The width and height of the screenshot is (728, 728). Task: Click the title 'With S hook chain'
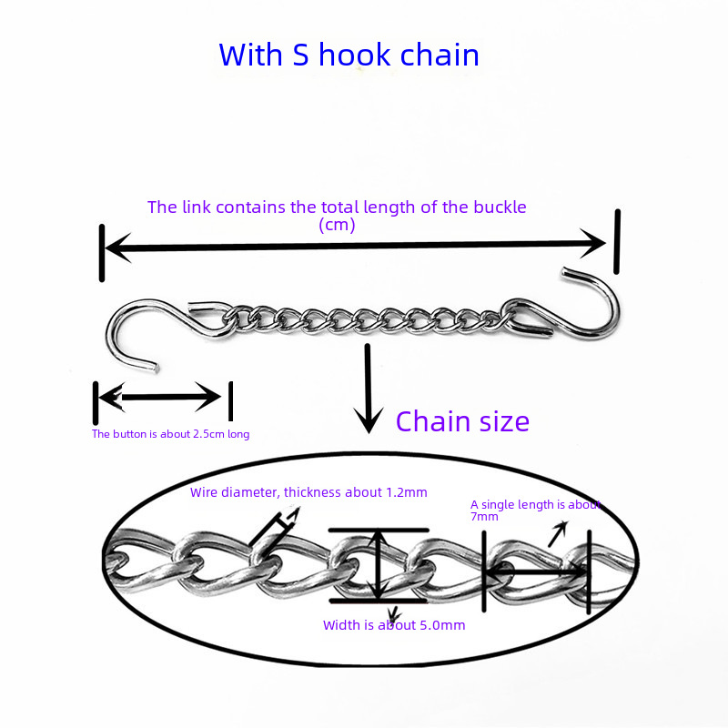point(349,55)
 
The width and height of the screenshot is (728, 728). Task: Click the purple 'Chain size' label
point(462,421)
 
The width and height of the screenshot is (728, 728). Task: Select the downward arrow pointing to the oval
point(368,387)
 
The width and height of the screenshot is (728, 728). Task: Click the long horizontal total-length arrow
point(355,244)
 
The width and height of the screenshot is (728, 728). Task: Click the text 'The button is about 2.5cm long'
point(170,434)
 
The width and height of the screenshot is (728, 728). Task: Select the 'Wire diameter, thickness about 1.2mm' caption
point(308,492)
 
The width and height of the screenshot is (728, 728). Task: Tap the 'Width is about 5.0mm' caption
point(394,625)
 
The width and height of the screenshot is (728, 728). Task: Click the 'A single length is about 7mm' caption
point(535,510)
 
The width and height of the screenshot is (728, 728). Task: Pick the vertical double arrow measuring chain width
point(379,564)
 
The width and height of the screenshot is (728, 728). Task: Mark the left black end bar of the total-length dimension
point(102,252)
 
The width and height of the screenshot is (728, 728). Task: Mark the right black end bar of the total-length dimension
point(618,241)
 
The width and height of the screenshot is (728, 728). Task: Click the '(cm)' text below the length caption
point(337,225)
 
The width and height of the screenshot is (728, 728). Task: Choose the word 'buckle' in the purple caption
point(500,207)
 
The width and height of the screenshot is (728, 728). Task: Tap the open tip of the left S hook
point(157,369)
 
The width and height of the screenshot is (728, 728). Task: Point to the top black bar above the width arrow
point(379,530)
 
